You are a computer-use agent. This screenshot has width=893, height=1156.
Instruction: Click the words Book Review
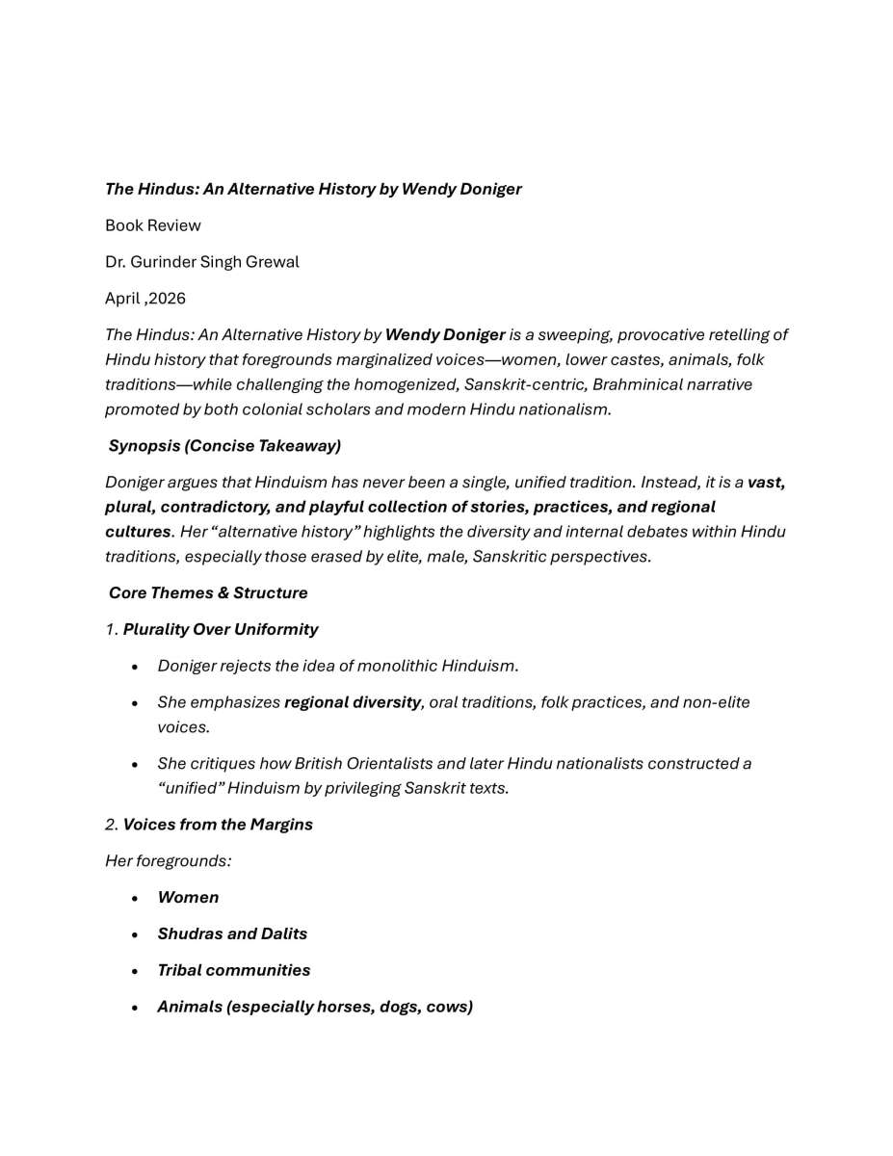point(153,225)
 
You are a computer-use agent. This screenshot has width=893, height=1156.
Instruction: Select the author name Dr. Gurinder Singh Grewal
point(202,262)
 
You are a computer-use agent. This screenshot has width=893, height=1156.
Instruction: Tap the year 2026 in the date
point(168,299)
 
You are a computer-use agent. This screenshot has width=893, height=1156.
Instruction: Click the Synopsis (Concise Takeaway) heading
point(224,446)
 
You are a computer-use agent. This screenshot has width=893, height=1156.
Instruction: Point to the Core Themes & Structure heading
point(208,592)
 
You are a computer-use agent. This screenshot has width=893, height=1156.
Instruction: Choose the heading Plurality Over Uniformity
point(221,629)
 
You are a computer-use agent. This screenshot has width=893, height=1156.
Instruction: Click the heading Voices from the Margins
point(218,825)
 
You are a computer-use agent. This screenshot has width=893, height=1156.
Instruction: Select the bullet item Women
point(188,898)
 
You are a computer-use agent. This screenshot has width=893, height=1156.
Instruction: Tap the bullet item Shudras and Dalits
point(232,934)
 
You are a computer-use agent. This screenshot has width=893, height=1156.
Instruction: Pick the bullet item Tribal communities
point(234,970)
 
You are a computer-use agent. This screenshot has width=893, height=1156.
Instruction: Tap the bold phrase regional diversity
point(353,702)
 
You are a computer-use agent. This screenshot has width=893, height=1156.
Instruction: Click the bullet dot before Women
point(136,898)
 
